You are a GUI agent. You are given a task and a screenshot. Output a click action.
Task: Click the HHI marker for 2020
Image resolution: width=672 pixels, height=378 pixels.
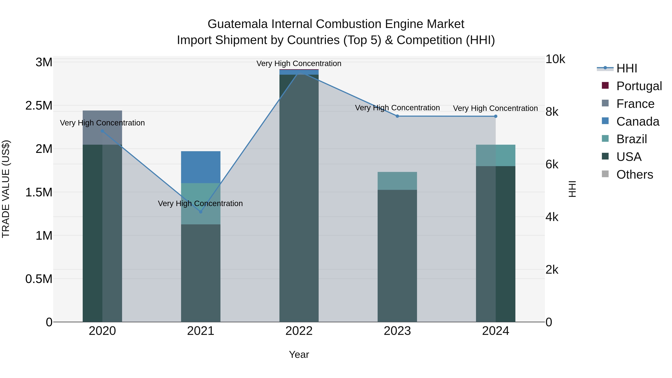[x=102, y=131]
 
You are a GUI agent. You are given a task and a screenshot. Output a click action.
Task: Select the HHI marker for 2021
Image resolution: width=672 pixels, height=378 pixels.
[x=201, y=212]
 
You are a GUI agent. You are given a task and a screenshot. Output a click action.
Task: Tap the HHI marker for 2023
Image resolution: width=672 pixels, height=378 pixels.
[x=397, y=116]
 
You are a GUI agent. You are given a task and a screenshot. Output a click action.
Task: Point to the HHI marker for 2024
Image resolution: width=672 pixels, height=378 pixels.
[x=496, y=116]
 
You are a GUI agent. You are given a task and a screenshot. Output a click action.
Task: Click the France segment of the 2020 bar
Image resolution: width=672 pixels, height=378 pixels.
[x=102, y=127]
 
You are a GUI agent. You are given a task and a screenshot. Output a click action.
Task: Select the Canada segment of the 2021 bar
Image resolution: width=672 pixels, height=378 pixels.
[x=201, y=167]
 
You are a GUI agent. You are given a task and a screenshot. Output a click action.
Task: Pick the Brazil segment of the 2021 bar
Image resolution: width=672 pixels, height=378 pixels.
[x=201, y=203]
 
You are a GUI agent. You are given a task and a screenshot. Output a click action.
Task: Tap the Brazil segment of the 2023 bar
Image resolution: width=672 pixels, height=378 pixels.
[x=397, y=181]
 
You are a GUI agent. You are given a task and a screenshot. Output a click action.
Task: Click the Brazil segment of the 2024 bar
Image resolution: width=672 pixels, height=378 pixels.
[x=496, y=155]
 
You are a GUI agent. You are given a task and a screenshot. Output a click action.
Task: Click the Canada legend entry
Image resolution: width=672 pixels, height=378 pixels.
[x=638, y=122]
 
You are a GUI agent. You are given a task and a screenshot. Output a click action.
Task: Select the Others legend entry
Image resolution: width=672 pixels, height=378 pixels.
[x=634, y=175]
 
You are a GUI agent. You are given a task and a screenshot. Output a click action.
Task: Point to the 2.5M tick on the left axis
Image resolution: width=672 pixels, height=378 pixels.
[x=39, y=106]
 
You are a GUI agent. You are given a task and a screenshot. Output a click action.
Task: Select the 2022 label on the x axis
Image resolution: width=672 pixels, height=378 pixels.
[x=299, y=331]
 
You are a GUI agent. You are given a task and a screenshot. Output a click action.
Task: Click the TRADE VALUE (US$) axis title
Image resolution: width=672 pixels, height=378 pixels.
[x=6, y=189]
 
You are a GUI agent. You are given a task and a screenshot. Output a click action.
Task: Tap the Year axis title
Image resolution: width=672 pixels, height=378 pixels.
[x=299, y=354]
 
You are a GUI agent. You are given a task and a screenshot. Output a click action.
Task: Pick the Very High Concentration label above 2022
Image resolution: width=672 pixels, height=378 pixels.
[x=299, y=63]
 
